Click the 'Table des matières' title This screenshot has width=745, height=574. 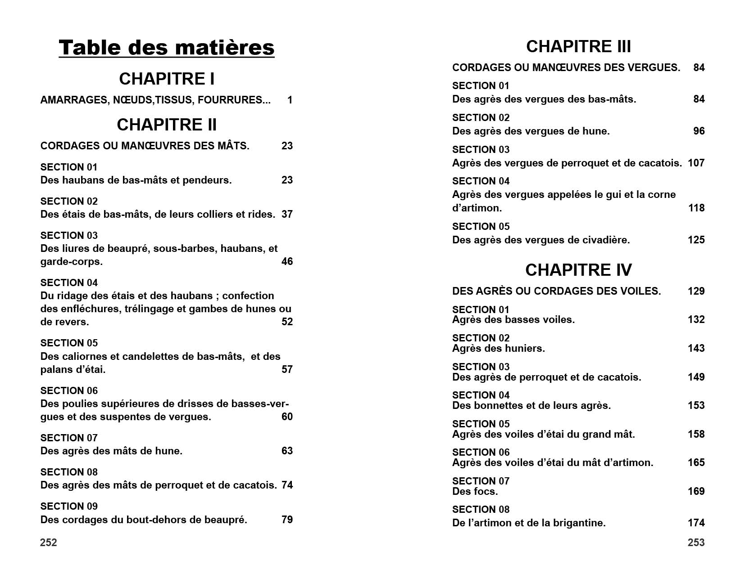pyautogui.click(x=166, y=48)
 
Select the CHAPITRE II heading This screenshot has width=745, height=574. pyautogui.click(x=167, y=125)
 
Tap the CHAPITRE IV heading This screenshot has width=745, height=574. pyautogui.click(x=578, y=270)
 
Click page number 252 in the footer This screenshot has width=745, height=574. pyautogui.click(x=49, y=543)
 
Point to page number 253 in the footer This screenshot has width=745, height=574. pyautogui.click(x=696, y=543)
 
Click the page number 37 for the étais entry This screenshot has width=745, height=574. pyautogui.click(x=287, y=214)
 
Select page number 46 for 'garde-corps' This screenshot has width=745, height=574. pyautogui.click(x=287, y=261)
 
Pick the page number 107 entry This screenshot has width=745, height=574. pyautogui.click(x=696, y=163)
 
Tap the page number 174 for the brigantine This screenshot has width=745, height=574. pyautogui.click(x=696, y=523)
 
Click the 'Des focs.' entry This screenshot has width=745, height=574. pyautogui.click(x=475, y=491)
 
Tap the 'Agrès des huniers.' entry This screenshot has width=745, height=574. pyautogui.click(x=498, y=348)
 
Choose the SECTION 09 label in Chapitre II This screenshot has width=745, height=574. pyautogui.click(x=69, y=506)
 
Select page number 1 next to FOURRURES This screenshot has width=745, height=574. pyautogui.click(x=290, y=100)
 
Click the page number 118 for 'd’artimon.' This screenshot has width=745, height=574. pyautogui.click(x=696, y=208)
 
